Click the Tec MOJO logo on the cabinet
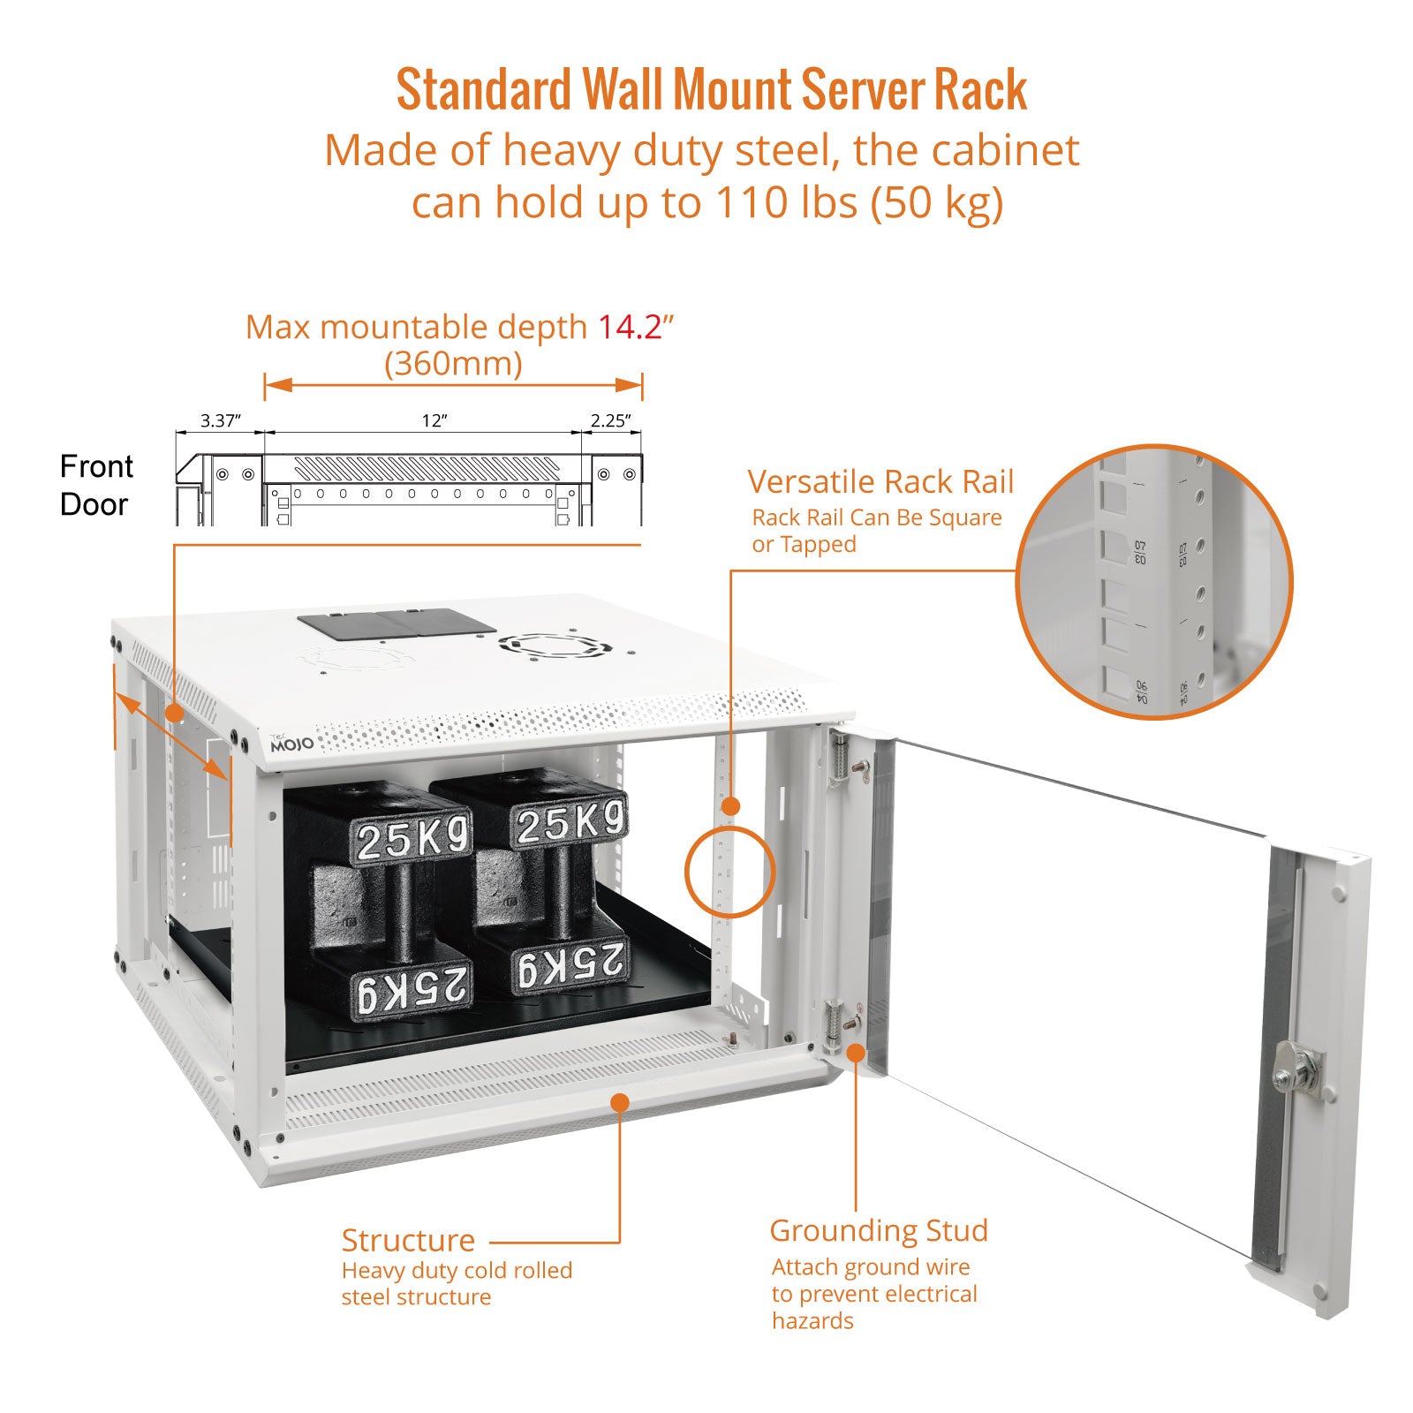[291, 743]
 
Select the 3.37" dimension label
[220, 421]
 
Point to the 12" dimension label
[434, 421]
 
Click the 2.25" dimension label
[611, 421]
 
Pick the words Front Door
[95, 485]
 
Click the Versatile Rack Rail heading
[880, 481]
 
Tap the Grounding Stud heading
[879, 1230]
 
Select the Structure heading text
[408, 1240]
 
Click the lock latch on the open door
[1296, 1072]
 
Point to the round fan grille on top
[554, 645]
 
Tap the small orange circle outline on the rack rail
[729, 872]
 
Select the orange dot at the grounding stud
[856, 1052]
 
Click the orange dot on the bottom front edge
[620, 1102]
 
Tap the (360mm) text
[453, 363]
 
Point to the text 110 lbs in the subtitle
[786, 202]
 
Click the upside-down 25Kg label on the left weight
[412, 988]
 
